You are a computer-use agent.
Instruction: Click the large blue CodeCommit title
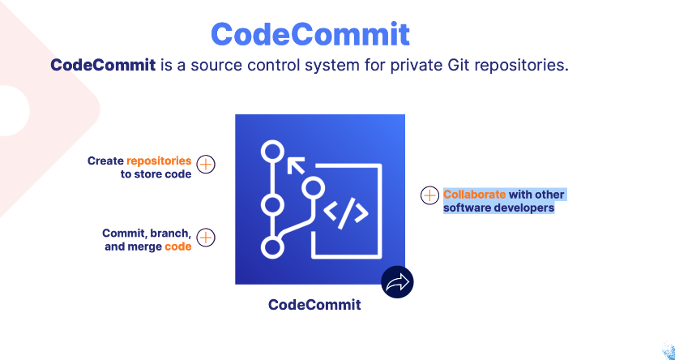(x=310, y=35)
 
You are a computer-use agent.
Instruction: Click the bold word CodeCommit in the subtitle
(x=103, y=65)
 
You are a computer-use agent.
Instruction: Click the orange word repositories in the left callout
(x=159, y=161)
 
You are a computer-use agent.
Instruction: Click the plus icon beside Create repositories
(x=207, y=165)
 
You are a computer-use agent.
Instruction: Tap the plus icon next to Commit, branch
(x=207, y=238)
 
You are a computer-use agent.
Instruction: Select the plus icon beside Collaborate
(x=429, y=195)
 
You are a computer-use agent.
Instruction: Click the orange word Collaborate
(x=474, y=195)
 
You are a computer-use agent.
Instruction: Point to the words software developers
(x=498, y=208)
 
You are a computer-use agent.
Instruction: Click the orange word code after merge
(x=178, y=246)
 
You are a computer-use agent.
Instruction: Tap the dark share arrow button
(x=397, y=282)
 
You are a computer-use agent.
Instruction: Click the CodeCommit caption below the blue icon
(x=314, y=305)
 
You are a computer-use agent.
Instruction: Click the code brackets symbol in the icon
(x=346, y=213)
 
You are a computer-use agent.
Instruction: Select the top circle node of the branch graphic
(x=272, y=152)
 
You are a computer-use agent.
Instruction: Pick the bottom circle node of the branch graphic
(x=272, y=247)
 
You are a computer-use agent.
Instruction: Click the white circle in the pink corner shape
(x=11, y=105)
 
